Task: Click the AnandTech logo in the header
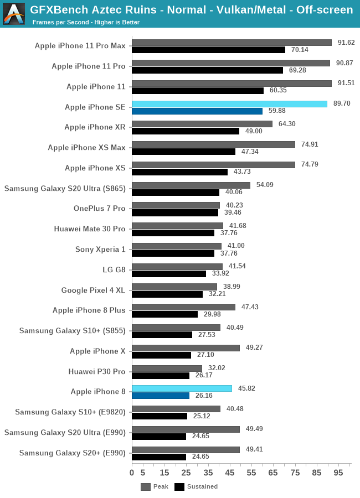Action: pyautogui.click(x=14, y=14)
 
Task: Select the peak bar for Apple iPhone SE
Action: pyautogui.click(x=229, y=103)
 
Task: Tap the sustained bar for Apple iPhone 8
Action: pyautogui.click(x=161, y=396)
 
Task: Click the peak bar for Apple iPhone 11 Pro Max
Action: pyautogui.click(x=232, y=43)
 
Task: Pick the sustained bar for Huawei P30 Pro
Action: pyautogui.click(x=161, y=375)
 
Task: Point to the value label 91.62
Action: pyautogui.click(x=346, y=43)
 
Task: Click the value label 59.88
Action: pyautogui.click(x=277, y=111)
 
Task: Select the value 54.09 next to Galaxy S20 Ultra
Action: pyautogui.click(x=265, y=185)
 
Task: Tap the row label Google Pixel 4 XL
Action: pyautogui.click(x=94, y=290)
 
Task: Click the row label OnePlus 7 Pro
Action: pyautogui.click(x=100, y=209)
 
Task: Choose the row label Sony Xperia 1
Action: pyautogui.click(x=100, y=249)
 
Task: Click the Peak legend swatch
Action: pyautogui.click(x=146, y=487)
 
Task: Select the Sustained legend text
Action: pyautogui.click(x=202, y=487)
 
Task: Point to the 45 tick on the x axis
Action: pyautogui.click(x=230, y=473)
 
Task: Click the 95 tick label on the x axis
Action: pyautogui.click(x=338, y=473)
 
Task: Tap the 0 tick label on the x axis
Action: pyautogui.click(x=132, y=473)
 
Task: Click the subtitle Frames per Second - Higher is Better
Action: pyautogui.click(x=86, y=23)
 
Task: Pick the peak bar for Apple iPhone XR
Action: pyautogui.click(x=202, y=124)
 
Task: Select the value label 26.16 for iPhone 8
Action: pyautogui.click(x=203, y=396)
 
